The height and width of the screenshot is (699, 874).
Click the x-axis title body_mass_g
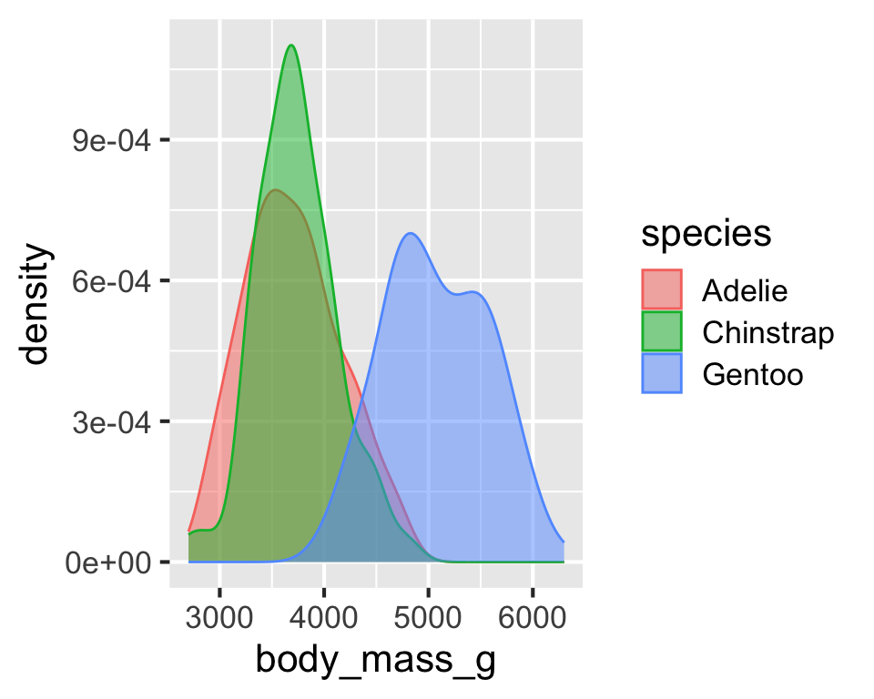(375, 660)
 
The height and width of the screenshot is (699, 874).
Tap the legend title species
(706, 233)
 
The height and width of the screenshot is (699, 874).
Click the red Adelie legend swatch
(662, 291)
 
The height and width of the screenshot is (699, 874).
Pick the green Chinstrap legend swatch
(662, 333)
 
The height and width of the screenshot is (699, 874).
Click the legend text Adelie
(745, 291)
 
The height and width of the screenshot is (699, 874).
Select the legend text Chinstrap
(767, 333)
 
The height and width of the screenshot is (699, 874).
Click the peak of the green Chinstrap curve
(291, 45)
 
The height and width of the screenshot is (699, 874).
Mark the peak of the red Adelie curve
(274, 189)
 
